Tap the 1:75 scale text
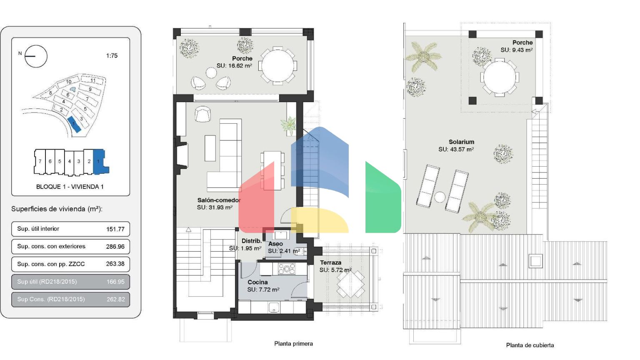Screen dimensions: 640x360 [x=112, y=56]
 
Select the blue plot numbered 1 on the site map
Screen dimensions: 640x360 [x=74, y=125]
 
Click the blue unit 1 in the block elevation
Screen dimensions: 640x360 [x=100, y=162]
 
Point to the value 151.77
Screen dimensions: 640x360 [x=115, y=229]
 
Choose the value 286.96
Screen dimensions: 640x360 [x=115, y=247]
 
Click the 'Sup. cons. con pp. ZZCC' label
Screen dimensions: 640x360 [x=51, y=264]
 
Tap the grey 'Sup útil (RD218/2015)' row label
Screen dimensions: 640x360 [x=47, y=282]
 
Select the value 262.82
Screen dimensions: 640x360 [x=116, y=300]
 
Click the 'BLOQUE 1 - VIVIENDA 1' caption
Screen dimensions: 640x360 [x=70, y=187]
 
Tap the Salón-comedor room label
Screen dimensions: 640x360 [x=219, y=200]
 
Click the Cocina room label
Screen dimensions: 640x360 [x=258, y=282]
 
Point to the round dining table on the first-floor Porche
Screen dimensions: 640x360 [x=278, y=66]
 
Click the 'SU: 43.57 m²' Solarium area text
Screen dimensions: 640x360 [x=456, y=149]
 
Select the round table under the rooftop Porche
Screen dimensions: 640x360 [x=500, y=77]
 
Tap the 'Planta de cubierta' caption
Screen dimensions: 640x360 [x=530, y=345]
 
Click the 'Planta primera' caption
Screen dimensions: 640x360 [x=293, y=344]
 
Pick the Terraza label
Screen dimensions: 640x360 [x=330, y=262]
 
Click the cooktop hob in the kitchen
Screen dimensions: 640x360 [x=287, y=269]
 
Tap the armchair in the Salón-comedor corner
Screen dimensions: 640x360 [x=203, y=114]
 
